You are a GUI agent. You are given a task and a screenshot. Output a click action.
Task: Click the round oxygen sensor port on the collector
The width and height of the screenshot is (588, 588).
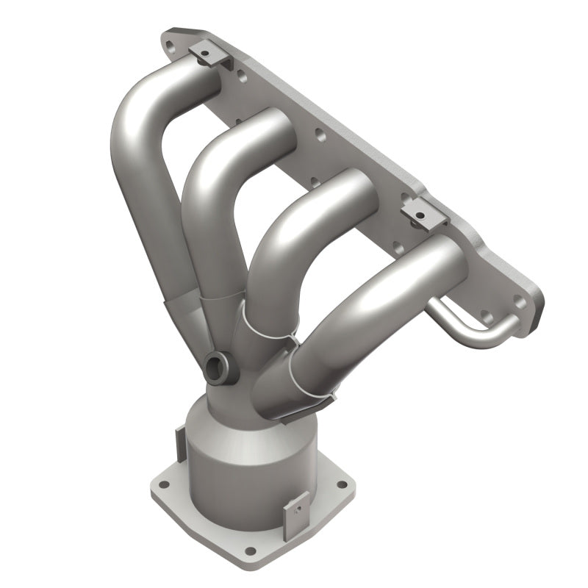coord(218,367)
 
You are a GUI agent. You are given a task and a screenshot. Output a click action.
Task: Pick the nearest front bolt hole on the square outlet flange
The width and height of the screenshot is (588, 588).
coord(251,550)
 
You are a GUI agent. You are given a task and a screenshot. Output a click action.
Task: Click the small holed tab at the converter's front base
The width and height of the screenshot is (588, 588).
coord(297,508)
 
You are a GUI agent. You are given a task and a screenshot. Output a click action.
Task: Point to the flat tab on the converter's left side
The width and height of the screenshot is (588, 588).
coord(178,441)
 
